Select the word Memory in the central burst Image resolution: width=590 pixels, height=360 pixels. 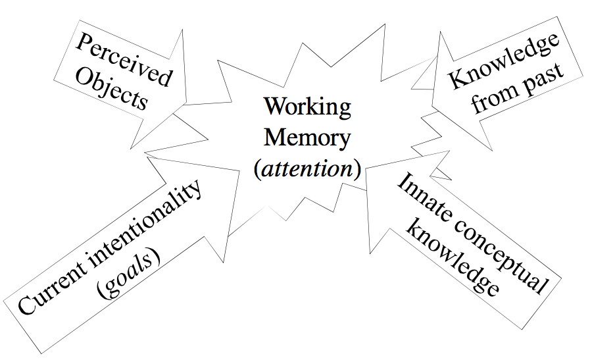[307, 138]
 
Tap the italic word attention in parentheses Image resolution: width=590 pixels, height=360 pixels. [307, 169]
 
